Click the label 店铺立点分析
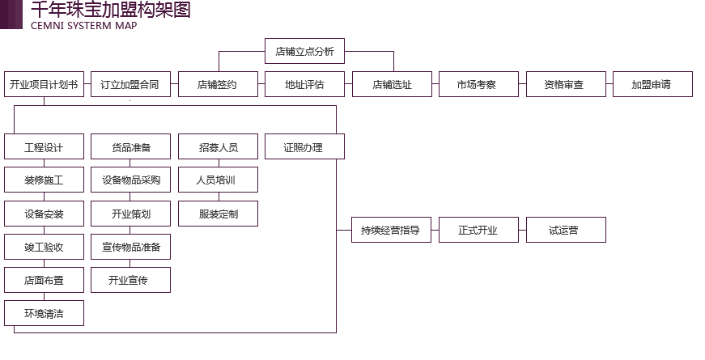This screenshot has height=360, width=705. [x=304, y=53]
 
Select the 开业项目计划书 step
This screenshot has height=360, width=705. [x=43, y=85]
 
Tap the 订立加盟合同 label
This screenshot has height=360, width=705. [x=130, y=85]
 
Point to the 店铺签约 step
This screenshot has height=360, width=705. [x=218, y=85]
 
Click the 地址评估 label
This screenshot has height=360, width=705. [x=304, y=85]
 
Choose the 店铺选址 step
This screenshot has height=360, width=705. [x=392, y=85]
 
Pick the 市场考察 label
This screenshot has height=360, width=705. [x=477, y=85]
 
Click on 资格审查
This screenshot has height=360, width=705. [x=563, y=85]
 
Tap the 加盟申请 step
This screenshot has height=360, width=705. [x=651, y=85]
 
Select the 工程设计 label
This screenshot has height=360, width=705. [x=44, y=148]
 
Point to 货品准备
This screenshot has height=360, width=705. [x=131, y=148]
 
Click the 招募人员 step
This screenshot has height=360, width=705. [x=218, y=148]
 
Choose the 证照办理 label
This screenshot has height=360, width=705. [x=304, y=148]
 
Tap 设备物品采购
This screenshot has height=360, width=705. [x=131, y=180]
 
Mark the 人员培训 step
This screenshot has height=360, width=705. [x=215, y=180]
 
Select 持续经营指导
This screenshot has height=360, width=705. [x=391, y=231]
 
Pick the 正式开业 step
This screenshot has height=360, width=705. [x=478, y=231]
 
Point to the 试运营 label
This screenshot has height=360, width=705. [x=563, y=231]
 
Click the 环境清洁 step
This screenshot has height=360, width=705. [x=44, y=314]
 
